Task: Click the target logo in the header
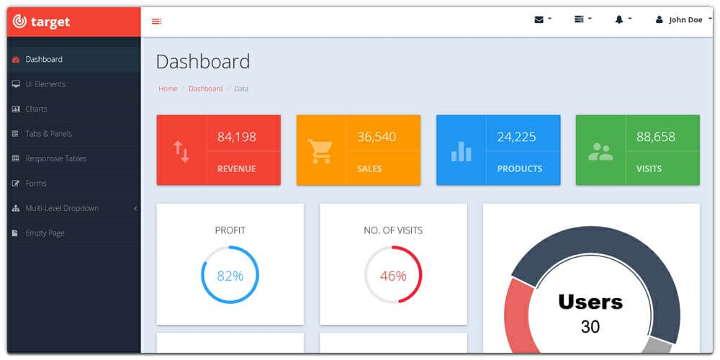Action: [x=42, y=22]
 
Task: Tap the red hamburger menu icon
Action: [x=156, y=22]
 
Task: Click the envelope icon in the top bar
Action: [x=539, y=19]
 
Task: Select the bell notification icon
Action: [x=619, y=19]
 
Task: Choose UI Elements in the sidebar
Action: [x=45, y=84]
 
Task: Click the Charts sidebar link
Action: [x=36, y=109]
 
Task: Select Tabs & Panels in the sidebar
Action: [x=48, y=134]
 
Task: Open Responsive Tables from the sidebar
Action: [x=55, y=158]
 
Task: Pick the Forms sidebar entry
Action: [x=36, y=184]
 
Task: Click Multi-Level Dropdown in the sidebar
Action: [x=62, y=208]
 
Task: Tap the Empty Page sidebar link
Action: [x=45, y=233]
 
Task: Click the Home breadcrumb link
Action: [x=168, y=89]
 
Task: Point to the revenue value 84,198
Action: [x=236, y=137]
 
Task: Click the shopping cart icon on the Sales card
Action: [x=320, y=150]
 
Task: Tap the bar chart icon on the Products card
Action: [x=461, y=150]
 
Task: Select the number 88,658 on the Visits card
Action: [x=655, y=137]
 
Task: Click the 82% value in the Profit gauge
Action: [x=230, y=276]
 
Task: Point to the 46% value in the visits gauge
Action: [x=393, y=276]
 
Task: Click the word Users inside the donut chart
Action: [x=590, y=302]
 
